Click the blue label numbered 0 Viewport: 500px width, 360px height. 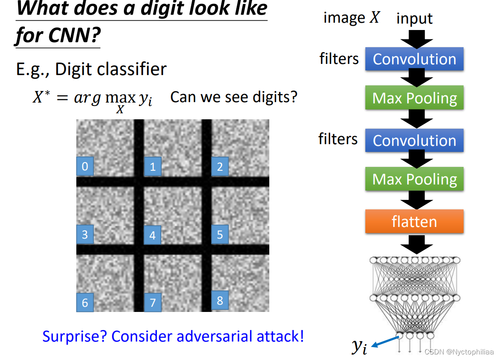pyautogui.click(x=85, y=166)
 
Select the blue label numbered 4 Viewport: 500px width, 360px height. pyautogui.click(x=152, y=235)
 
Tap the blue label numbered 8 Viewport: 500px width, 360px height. pyautogui.click(x=220, y=300)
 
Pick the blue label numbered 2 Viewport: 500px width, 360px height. pyautogui.click(x=220, y=166)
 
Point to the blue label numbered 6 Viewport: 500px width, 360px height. pyautogui.click(x=85, y=303)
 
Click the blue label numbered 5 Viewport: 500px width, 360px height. pyautogui.click(x=220, y=234)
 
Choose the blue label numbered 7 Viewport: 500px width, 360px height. pyautogui.click(x=153, y=303)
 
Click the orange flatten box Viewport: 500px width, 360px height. pyautogui.click(x=414, y=221)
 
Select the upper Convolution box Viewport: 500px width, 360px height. pyautogui.click(x=414, y=59)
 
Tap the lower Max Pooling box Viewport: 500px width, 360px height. pyautogui.click(x=414, y=179)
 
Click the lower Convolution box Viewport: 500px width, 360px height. pyautogui.click(x=414, y=140)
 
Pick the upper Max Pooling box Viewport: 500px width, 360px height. pyautogui.click(x=414, y=98)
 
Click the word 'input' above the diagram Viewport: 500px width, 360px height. pyautogui.click(x=414, y=18)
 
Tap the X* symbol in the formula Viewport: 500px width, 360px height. pyautogui.click(x=42, y=98)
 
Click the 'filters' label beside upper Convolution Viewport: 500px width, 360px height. pyautogui.click(x=339, y=59)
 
